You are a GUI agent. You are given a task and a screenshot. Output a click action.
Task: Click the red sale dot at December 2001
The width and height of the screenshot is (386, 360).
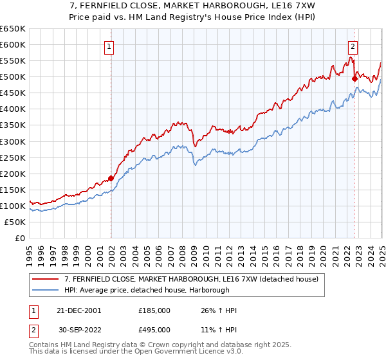pyautogui.click(x=111, y=178)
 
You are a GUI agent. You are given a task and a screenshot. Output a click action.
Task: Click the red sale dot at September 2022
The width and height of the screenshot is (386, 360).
pyautogui.click(x=354, y=78)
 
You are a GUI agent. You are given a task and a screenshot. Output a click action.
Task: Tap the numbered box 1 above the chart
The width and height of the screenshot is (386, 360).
pyautogui.click(x=109, y=46)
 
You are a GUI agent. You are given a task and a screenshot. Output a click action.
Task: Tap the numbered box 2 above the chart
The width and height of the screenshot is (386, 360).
pyautogui.click(x=353, y=46)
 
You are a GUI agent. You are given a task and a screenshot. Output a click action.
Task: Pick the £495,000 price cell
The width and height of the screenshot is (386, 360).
pyautogui.click(x=154, y=330)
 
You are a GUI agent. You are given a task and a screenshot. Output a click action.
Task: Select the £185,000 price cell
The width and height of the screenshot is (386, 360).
pyautogui.click(x=154, y=310)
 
